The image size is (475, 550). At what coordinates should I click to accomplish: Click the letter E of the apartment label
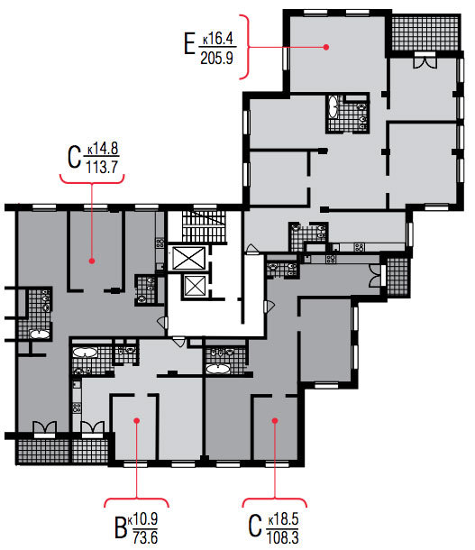tap(189, 43)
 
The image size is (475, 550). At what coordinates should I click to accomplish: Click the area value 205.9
tap(216, 58)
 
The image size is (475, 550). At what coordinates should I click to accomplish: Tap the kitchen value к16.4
tap(218, 39)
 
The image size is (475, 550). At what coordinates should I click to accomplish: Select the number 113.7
tap(102, 167)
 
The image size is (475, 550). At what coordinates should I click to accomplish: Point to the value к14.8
tap(103, 149)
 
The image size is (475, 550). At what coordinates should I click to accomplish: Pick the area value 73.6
tap(145, 537)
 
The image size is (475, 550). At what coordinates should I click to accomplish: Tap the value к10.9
tap(142, 519)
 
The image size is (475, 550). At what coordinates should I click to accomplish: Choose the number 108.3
tap(282, 537)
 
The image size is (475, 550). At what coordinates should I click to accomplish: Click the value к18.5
tap(284, 519)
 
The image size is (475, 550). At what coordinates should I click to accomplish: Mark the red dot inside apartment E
tap(326, 47)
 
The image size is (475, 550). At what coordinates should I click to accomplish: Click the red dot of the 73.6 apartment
tap(137, 420)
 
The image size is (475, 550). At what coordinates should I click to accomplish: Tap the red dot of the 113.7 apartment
tap(92, 261)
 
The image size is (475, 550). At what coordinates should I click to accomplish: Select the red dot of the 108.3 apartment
tap(275, 420)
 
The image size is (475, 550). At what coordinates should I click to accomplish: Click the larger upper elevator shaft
tap(188, 258)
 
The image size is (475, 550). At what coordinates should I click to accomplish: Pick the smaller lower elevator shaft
tap(195, 286)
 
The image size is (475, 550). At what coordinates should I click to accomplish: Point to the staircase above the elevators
tap(204, 226)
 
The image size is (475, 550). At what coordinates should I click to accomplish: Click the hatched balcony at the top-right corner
tap(425, 33)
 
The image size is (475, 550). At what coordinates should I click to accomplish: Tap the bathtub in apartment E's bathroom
tap(333, 106)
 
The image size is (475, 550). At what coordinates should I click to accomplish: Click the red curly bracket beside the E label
tap(245, 47)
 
